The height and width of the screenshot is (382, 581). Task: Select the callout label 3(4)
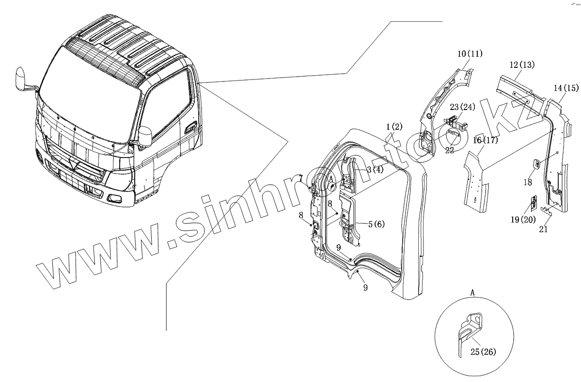pos(375,169)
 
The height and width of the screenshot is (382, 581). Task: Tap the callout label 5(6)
pos(376,224)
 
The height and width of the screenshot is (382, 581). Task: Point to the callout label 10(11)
pos(470,54)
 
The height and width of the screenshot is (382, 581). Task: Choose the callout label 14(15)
pos(565,88)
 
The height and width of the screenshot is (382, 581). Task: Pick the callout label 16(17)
pos(485,141)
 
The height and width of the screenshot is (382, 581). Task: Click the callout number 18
pos(527,182)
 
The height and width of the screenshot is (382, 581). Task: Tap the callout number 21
pos(543,229)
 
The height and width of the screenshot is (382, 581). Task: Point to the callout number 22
pos(450,150)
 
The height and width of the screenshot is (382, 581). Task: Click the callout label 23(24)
pos(461,107)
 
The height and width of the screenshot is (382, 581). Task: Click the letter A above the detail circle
pos(472,292)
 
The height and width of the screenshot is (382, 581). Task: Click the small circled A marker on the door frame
pos(332,186)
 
